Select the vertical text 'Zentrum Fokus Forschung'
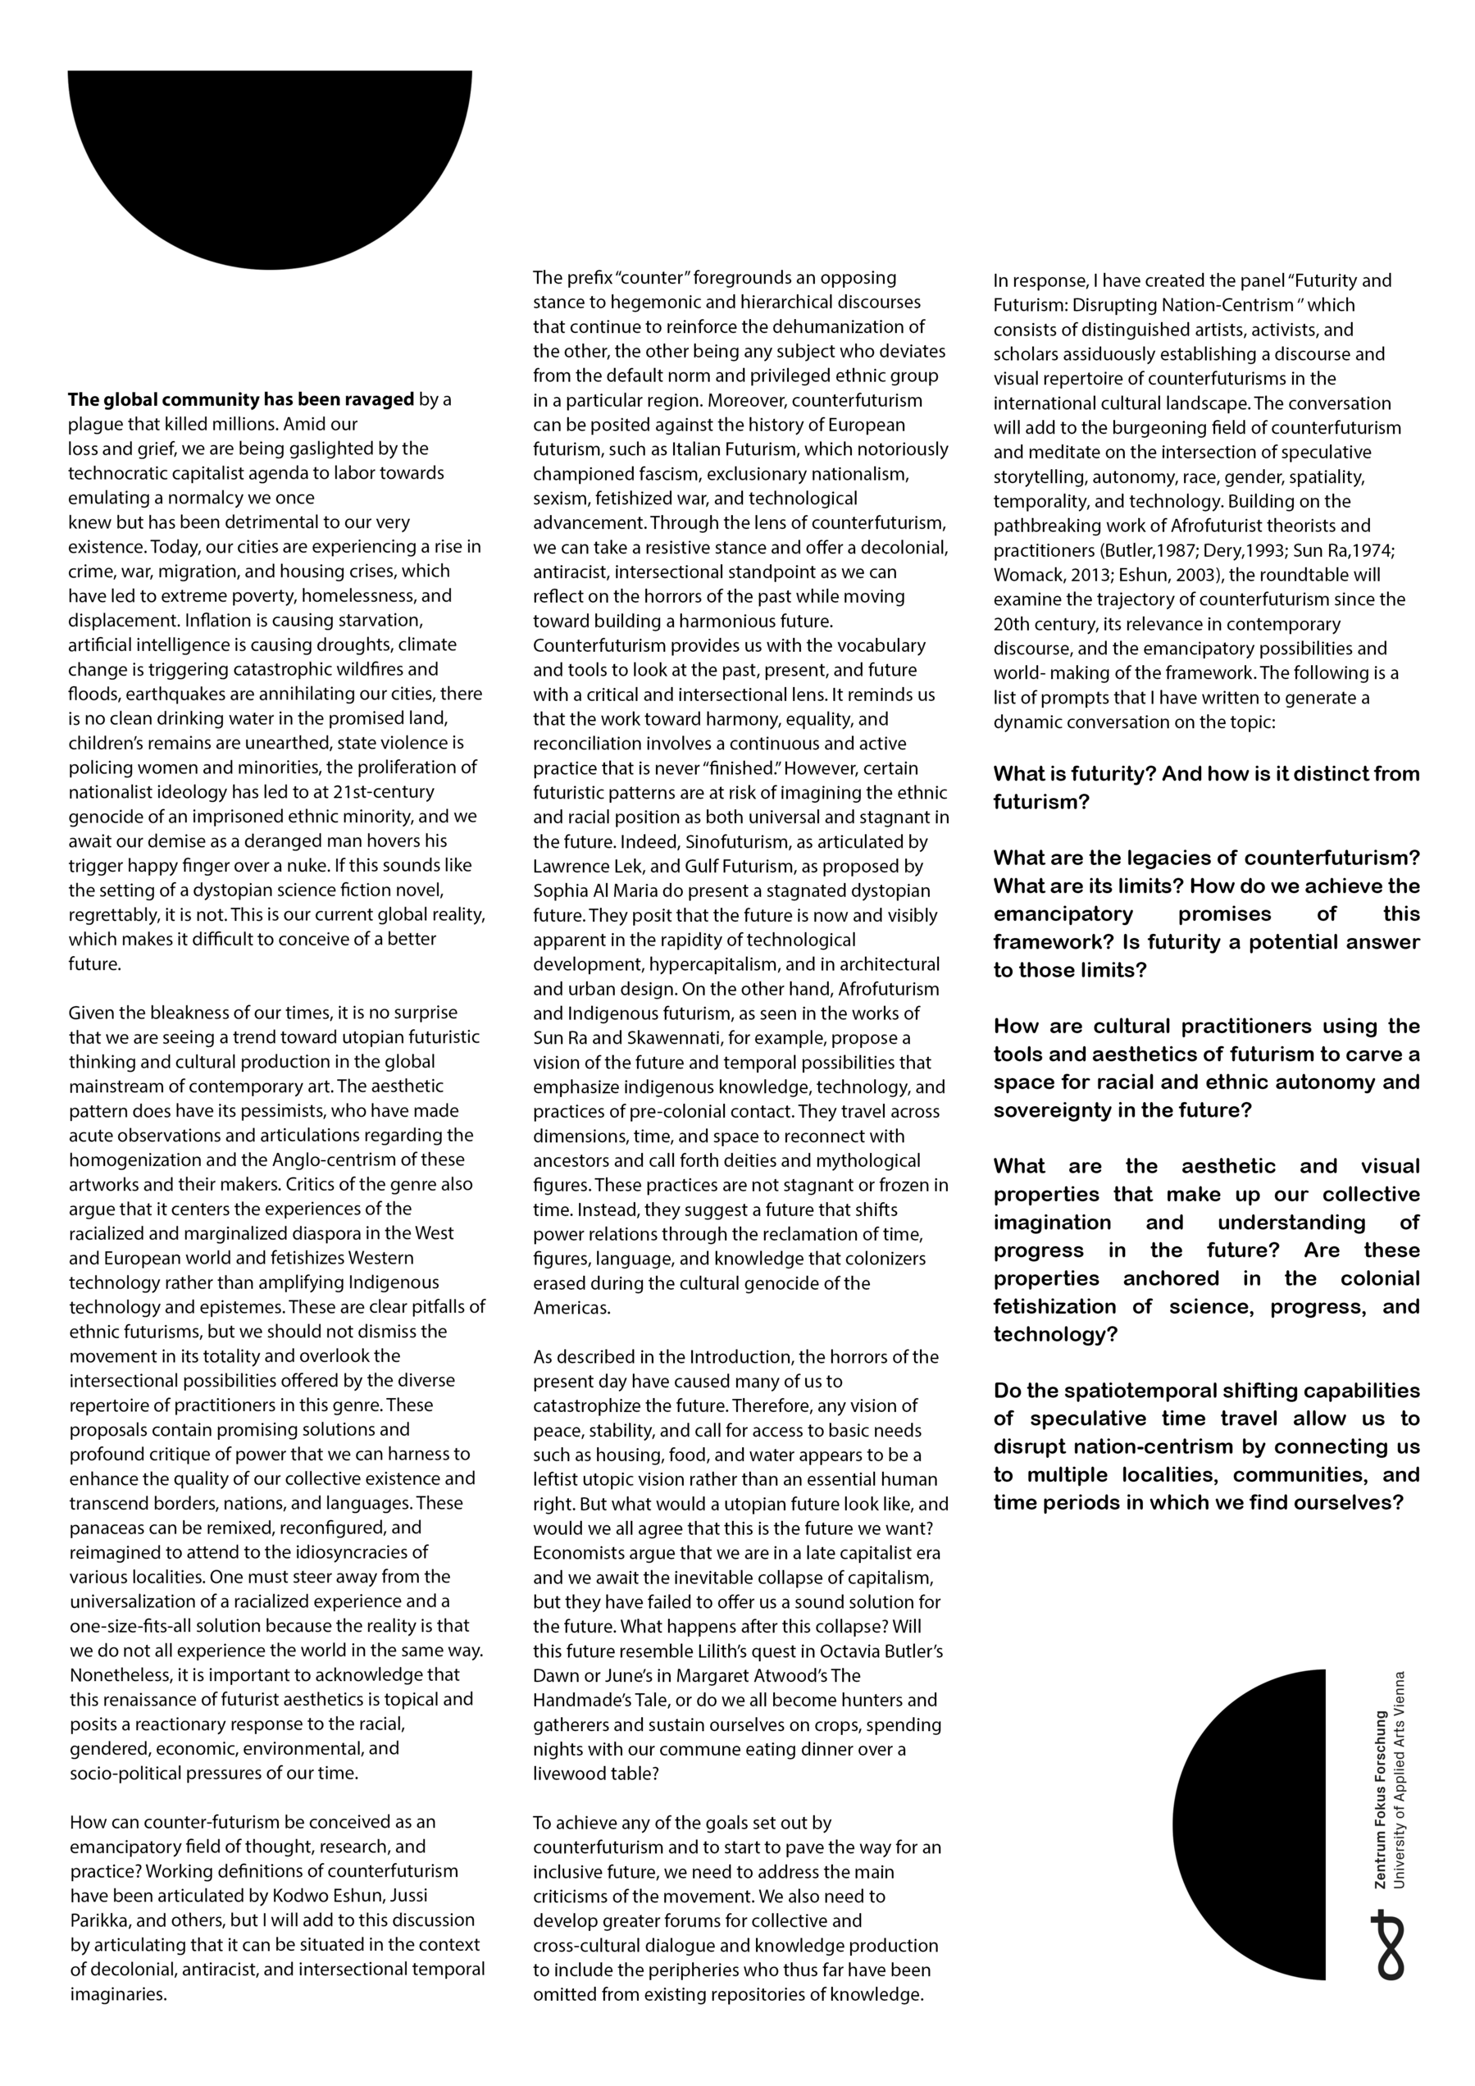coord(1381,1800)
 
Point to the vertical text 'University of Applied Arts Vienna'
coord(1400,1780)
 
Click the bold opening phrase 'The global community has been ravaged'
coord(241,400)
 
